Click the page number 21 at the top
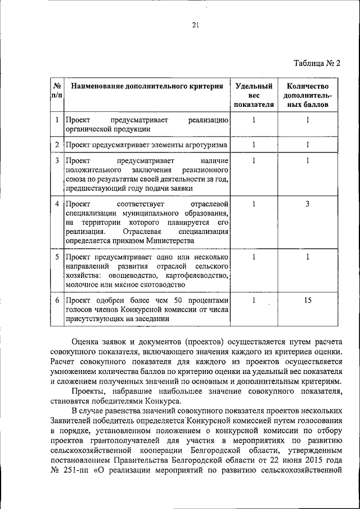196,25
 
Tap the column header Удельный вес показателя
254,95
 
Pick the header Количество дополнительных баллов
307,95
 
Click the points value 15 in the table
308,300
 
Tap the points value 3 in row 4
308,203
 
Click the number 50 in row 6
179,300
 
